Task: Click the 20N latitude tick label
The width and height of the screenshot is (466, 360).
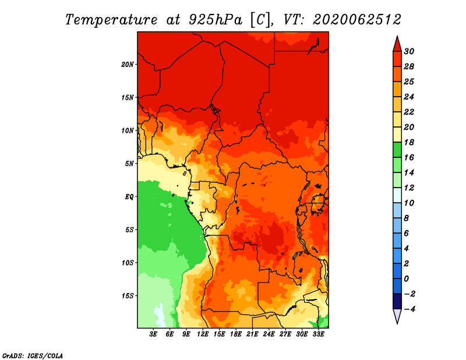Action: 127,65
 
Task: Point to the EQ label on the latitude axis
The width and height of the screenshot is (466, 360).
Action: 129,197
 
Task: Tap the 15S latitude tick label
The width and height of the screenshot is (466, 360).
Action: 127,296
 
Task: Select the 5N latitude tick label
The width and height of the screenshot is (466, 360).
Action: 129,164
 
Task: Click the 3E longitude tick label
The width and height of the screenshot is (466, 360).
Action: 153,334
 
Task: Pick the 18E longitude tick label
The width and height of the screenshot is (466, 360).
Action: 236,334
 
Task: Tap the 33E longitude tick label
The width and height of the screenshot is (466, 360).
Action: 318,334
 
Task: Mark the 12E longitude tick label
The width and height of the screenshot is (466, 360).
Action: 203,334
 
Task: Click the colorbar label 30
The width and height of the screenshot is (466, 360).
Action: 409,51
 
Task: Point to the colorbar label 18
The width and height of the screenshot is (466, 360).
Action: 409,142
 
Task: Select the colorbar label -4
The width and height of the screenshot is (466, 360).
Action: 409,309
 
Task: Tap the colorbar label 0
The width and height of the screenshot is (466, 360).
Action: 406,279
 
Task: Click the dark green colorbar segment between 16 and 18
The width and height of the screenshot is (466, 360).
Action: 397,150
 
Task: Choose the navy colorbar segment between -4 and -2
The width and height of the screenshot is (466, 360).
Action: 397,301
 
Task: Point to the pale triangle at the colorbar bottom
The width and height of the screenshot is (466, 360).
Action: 397,315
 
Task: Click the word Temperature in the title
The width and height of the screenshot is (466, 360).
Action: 111,20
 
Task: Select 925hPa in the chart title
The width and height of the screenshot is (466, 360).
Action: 216,20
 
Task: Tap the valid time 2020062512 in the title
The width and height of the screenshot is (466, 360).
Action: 357,20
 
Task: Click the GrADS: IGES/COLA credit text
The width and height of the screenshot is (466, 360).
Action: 33,356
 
